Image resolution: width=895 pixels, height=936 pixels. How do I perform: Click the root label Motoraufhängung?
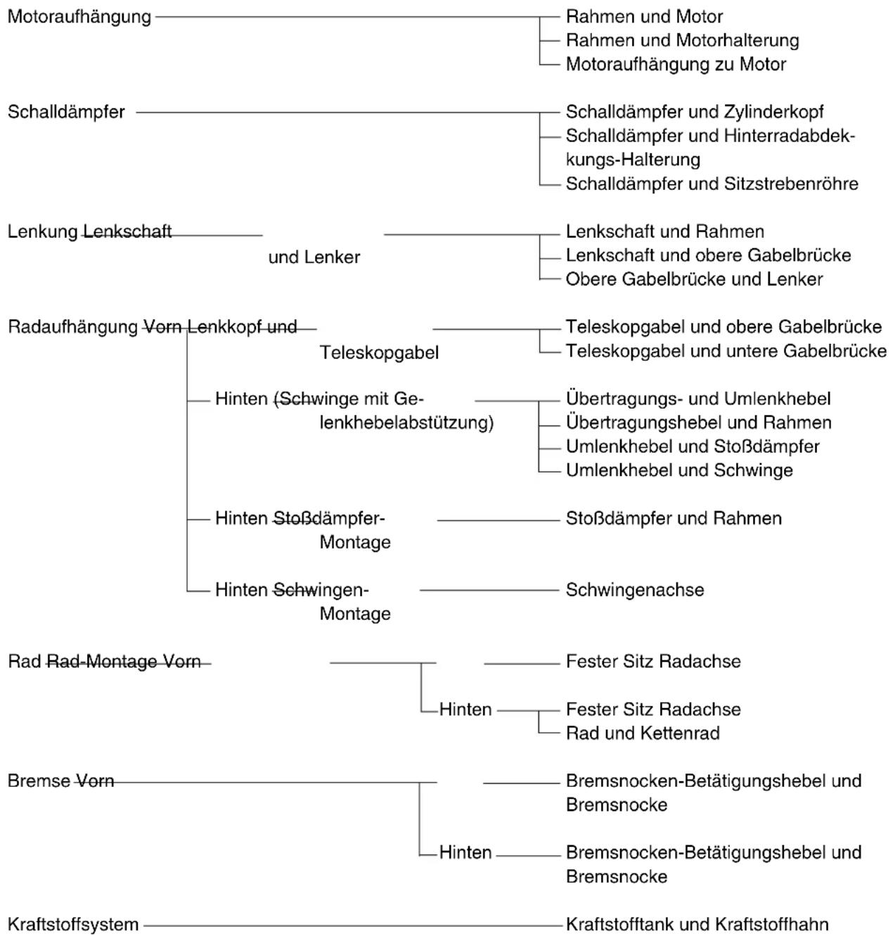(79, 18)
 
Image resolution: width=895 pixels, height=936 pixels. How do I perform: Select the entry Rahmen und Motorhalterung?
(683, 40)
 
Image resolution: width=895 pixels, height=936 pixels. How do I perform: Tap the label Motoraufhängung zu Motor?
(676, 65)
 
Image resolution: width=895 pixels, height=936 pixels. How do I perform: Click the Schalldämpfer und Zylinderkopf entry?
(695, 112)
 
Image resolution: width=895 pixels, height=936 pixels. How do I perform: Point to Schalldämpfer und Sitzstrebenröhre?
(712, 184)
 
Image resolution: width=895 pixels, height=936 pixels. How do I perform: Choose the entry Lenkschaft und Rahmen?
(664, 232)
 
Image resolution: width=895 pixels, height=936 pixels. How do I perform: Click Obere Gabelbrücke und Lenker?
(694, 279)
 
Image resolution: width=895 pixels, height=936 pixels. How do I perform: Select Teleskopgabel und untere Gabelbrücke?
(726, 351)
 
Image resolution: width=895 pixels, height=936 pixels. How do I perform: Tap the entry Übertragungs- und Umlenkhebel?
(698, 399)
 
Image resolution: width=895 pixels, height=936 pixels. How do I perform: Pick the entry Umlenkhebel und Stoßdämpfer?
(693, 447)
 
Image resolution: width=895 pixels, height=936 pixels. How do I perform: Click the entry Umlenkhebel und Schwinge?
(679, 470)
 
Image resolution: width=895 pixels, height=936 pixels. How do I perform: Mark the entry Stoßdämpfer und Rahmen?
(674, 518)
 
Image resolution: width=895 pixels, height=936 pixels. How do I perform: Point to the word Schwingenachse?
(635, 590)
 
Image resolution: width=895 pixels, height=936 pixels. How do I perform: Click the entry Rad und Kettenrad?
(643, 733)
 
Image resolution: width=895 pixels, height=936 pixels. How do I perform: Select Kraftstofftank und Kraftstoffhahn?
(697, 925)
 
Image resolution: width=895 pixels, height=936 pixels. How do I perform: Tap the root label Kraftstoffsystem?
(73, 925)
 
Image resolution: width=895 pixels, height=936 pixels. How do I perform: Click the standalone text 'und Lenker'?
(314, 257)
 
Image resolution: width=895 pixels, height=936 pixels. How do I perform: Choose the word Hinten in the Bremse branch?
(465, 853)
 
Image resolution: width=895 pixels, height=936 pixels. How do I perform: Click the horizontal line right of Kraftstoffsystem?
(352, 926)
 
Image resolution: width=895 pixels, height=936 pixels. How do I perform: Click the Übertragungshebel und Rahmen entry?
(698, 423)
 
